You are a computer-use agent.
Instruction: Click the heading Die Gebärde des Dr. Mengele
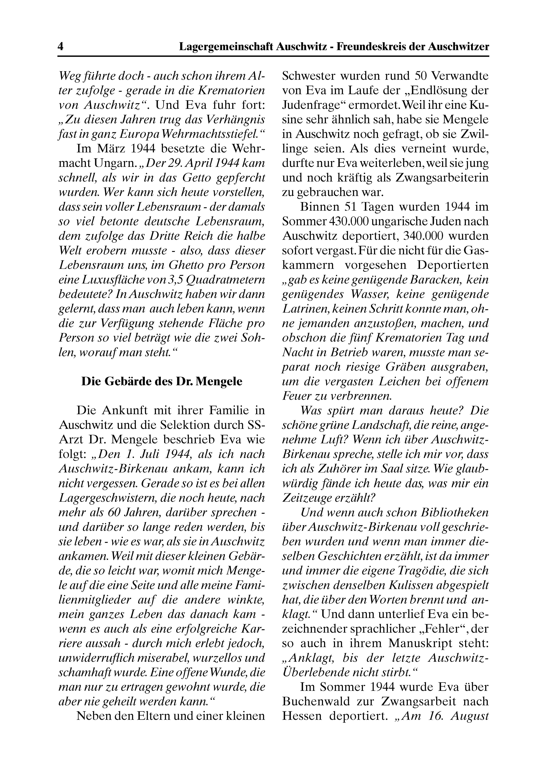point(162,381)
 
